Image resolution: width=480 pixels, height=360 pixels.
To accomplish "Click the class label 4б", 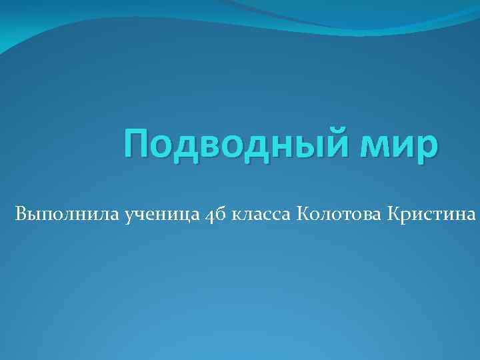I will click(215, 215).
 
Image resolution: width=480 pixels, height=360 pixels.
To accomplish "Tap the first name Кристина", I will click(429, 215).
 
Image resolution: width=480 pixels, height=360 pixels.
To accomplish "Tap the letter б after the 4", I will click(220, 214).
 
